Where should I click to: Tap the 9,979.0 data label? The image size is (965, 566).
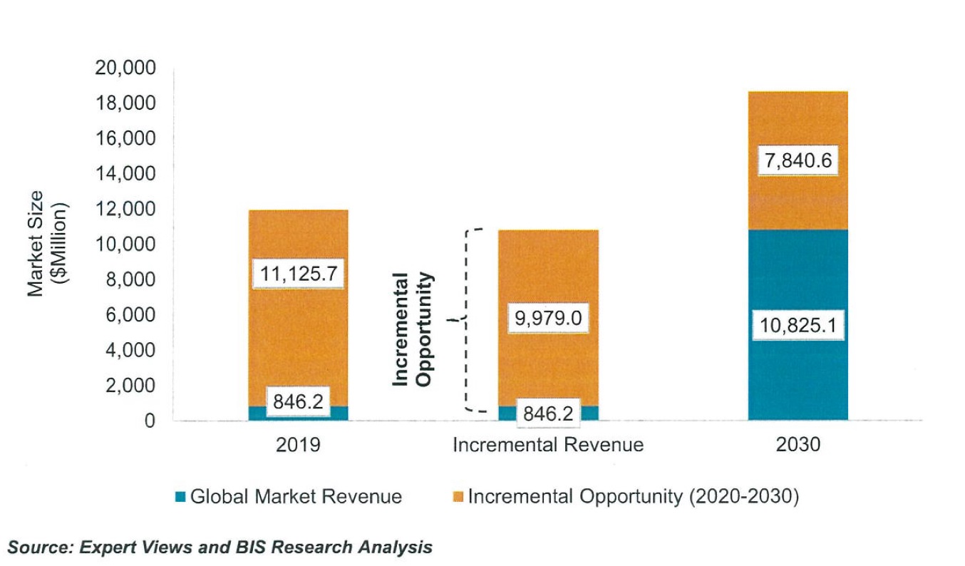coord(548,319)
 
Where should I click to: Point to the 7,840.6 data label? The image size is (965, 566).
coord(798,162)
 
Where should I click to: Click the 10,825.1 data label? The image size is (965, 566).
coord(798,326)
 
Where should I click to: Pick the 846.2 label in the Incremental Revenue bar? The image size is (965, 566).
coord(547,413)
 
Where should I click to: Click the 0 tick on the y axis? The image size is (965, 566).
coord(149,421)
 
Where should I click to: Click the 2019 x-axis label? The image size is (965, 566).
coord(298,446)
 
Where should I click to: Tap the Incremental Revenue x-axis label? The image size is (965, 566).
coord(548,446)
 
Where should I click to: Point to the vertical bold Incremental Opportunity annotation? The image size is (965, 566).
coord(413,329)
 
